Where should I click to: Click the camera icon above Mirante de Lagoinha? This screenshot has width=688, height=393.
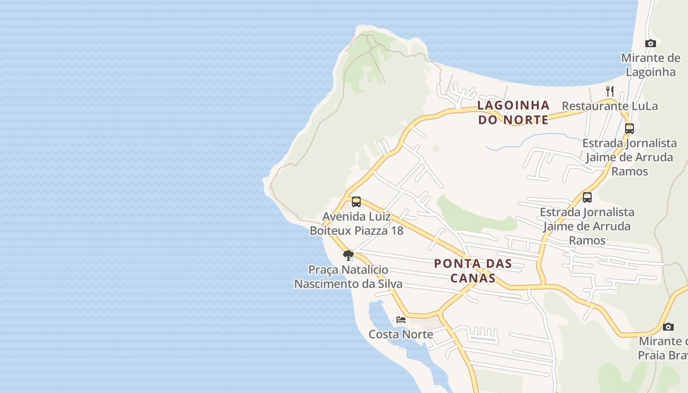coord(651,43)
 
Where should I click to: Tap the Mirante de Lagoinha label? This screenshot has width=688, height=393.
coord(651,65)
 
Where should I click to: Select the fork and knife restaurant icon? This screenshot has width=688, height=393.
coord(610,91)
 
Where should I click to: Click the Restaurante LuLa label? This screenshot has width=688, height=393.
coord(609,106)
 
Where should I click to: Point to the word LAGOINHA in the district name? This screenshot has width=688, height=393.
coord(514,105)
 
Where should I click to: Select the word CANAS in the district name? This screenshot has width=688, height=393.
coord(473,278)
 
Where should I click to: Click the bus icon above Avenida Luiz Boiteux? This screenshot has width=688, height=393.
coord(356,202)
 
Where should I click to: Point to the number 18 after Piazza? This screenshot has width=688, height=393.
coord(397,230)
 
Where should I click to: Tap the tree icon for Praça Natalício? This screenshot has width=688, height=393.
coord(348,255)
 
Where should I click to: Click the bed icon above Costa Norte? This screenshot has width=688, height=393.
coord(401,319)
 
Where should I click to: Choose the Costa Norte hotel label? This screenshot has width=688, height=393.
coord(401,335)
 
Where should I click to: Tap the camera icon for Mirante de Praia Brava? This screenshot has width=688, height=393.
coord(668,327)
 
